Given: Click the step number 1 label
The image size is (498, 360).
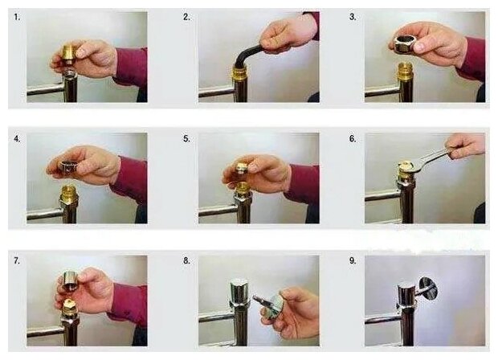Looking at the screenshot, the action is (x=17, y=17).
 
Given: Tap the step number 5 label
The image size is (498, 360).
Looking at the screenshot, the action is (x=186, y=139).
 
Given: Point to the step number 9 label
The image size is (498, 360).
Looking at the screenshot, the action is (x=353, y=260).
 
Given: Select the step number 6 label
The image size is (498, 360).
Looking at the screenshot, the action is (x=353, y=139).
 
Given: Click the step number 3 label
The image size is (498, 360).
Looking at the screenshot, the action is (x=353, y=17).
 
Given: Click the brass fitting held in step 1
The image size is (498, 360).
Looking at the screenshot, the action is (x=71, y=54).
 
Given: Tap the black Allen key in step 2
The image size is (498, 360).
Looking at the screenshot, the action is (x=250, y=55).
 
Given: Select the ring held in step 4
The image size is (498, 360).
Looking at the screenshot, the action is (x=67, y=166).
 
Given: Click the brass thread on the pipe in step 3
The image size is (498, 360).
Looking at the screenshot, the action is (x=406, y=71).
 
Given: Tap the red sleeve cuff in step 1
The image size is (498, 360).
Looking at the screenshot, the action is (x=131, y=67).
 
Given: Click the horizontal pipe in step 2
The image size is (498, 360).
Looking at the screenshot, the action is (x=216, y=92).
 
